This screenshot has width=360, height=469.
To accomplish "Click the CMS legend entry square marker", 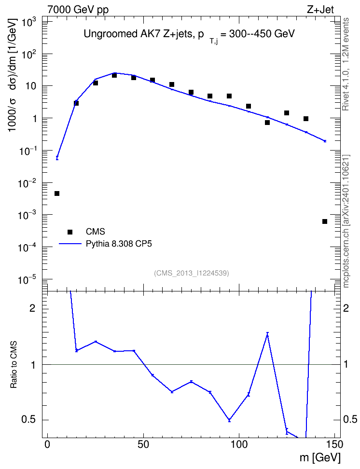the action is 70,232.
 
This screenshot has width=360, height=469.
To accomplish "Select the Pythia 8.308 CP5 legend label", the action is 119,244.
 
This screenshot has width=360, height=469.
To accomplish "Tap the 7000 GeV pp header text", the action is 78,10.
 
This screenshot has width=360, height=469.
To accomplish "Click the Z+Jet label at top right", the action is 320,10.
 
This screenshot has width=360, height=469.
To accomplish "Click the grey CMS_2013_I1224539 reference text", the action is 192,273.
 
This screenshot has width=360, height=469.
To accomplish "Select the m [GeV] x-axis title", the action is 320,457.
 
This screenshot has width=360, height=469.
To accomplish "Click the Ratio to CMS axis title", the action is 14,365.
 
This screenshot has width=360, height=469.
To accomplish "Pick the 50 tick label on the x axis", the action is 143,444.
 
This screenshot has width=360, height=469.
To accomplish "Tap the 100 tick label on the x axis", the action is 239,444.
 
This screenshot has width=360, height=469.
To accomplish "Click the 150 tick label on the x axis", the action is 334,444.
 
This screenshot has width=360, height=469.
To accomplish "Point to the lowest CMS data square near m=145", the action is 325,221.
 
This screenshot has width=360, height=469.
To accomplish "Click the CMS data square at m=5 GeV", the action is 57,193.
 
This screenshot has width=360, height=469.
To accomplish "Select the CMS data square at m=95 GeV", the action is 229,96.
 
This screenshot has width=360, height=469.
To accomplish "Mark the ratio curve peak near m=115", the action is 267,334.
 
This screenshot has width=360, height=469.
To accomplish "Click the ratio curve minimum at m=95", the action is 229,420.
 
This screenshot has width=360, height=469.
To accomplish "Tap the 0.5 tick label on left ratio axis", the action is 28,420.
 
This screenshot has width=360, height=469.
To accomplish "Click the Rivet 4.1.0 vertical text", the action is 346,64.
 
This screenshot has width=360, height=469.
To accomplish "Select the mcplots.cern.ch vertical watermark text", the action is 346,221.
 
